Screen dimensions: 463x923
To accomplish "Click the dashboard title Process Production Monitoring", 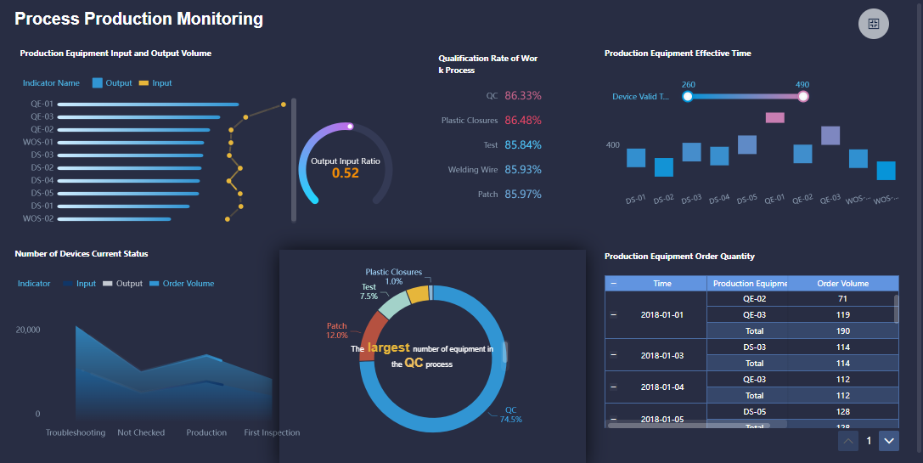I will click(138, 19).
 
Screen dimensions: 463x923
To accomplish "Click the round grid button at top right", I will click(873, 23).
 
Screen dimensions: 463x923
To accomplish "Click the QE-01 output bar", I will click(148, 104).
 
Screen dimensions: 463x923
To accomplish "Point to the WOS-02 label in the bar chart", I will click(37, 218).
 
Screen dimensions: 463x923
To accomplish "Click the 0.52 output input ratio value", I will click(345, 173).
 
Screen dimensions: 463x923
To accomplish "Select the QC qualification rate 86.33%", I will click(522, 96).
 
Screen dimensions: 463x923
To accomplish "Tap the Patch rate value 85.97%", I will click(522, 195).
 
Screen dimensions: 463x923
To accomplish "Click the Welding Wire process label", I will click(473, 170).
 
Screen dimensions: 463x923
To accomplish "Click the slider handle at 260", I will click(688, 97).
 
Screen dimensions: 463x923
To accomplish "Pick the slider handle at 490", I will click(802, 97).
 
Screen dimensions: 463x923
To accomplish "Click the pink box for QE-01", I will click(774, 117).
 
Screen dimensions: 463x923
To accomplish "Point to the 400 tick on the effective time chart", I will click(612, 145).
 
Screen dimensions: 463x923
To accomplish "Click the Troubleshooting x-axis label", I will click(76, 432).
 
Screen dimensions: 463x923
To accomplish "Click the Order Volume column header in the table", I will click(841, 283).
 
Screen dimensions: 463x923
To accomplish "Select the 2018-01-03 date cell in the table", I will click(662, 355).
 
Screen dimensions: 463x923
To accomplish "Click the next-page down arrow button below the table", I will click(888, 440).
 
